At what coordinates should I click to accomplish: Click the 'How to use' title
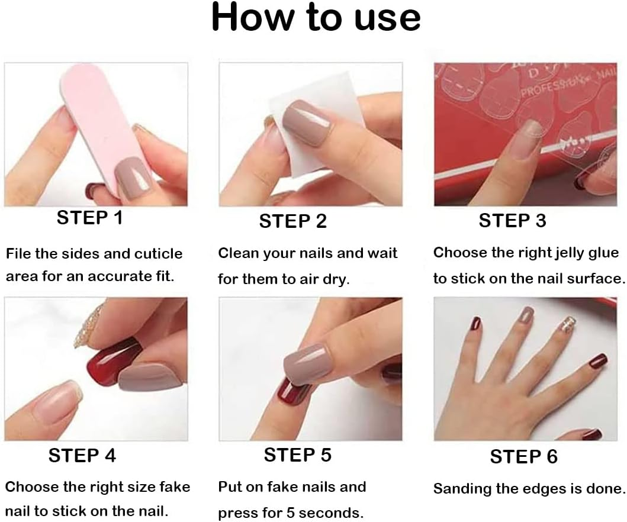pos(316,18)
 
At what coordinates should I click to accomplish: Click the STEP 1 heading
pos(89,218)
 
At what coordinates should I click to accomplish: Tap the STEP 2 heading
pos(292,221)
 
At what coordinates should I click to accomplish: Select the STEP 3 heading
pos(512,220)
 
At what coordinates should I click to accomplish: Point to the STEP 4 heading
pos(82,455)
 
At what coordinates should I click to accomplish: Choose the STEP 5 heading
pos(297,455)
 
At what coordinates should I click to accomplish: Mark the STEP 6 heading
pos(523,456)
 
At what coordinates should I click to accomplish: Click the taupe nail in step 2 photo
pos(308,121)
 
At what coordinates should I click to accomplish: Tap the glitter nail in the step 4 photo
pos(89,328)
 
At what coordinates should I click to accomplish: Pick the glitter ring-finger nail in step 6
pos(567,323)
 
